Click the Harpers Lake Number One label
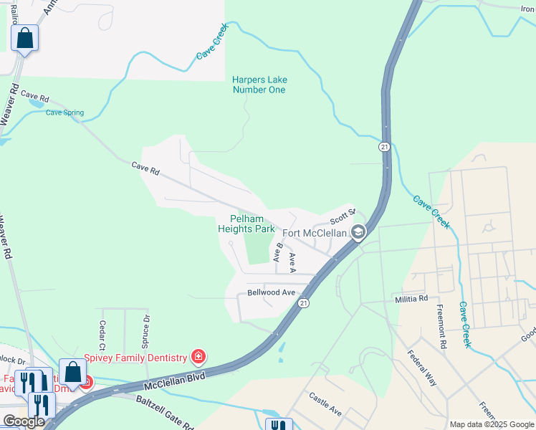coord(259,85)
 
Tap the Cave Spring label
coord(64,113)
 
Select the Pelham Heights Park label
coord(247,224)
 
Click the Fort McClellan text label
coord(315,233)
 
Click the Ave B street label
coord(278,252)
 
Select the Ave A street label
coord(292,262)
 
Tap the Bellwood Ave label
coord(271,292)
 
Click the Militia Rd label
coord(411,298)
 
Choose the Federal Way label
coord(422,368)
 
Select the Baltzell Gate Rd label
coord(165,412)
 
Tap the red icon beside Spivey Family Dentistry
coord(198,357)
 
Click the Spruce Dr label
coord(146,327)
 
